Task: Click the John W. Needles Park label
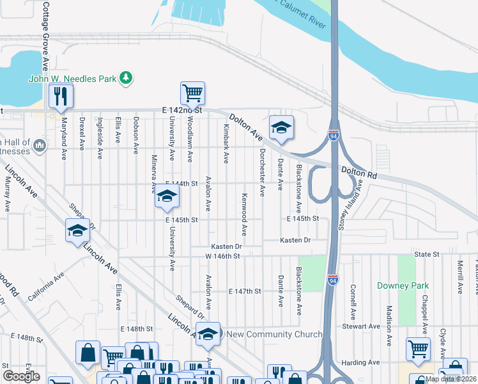tap(72, 79)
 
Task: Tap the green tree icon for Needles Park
tap(127, 77)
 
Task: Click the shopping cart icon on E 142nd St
tap(192, 93)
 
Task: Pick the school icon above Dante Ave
tap(281, 127)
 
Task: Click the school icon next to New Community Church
tap(208, 334)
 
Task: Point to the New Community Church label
tap(274, 334)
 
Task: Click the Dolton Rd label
tap(359, 172)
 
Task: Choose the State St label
tap(427, 254)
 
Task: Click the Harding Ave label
tap(362, 363)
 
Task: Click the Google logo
tap(21, 376)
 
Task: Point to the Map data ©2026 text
tap(450, 379)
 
